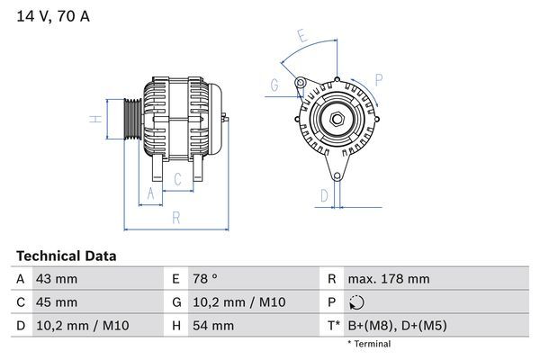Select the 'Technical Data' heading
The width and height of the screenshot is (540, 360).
tap(66, 256)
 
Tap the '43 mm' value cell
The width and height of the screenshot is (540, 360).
tap(56, 279)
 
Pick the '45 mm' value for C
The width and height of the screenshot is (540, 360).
tap(56, 301)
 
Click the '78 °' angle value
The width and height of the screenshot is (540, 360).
tap(204, 279)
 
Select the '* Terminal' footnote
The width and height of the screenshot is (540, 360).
tap(369, 344)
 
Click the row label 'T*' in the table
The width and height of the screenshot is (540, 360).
tap(332, 325)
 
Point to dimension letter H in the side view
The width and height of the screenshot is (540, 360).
tap(93, 119)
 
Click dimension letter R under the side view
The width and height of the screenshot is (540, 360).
tap(176, 216)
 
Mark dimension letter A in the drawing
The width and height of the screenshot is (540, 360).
tap(150, 193)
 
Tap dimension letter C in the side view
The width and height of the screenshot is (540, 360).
tap(177, 179)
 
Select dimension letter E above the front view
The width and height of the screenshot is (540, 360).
tap(302, 37)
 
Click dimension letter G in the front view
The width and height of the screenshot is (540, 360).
tap(274, 85)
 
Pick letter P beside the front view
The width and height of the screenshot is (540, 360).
tap(379, 79)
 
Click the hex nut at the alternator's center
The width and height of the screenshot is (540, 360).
tap(335, 119)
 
